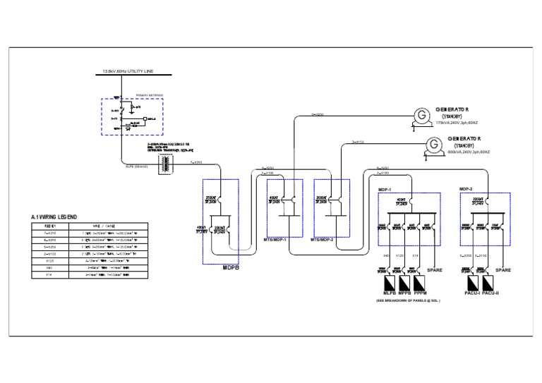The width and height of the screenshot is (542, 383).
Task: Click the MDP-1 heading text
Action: pyautogui.click(x=385, y=190)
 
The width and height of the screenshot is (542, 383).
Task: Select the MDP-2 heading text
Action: pyautogui.click(x=466, y=189)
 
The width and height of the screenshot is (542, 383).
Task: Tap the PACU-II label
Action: pyautogui.click(x=490, y=293)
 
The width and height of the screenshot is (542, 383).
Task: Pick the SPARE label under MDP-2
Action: pyautogui.click(x=502, y=269)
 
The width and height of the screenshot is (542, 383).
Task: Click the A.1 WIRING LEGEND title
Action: pyautogui.click(x=54, y=217)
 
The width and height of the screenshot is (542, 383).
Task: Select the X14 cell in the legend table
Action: pyautogui.click(x=49, y=275)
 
